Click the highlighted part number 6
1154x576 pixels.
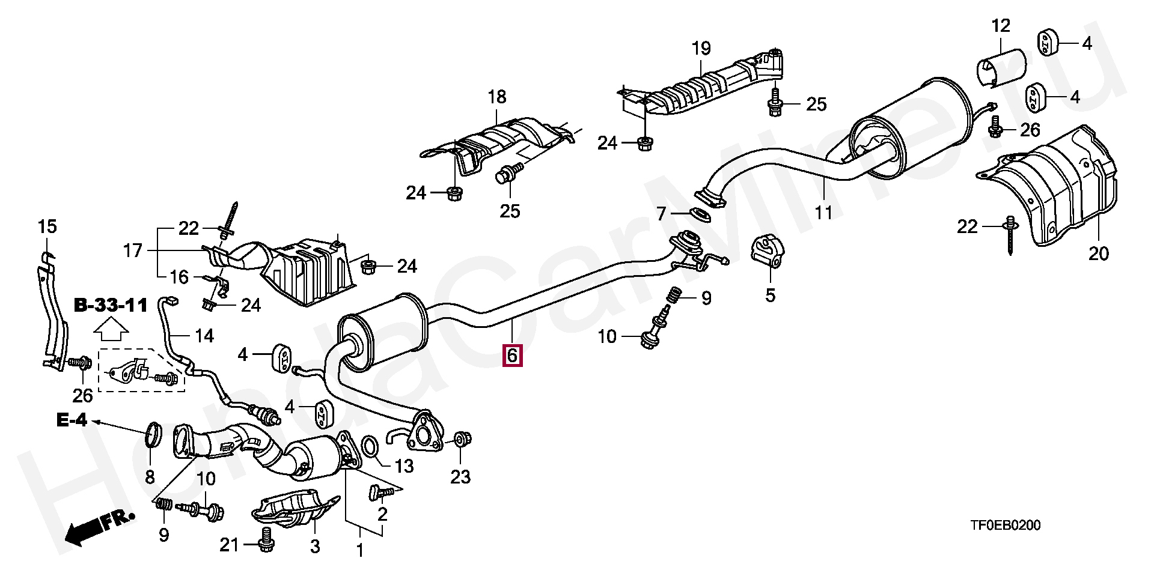click(x=511, y=356)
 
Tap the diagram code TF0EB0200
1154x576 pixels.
click(x=1006, y=526)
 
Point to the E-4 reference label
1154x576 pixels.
click(x=72, y=420)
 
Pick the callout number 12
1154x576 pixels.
click(x=1001, y=26)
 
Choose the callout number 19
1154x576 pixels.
click(x=701, y=48)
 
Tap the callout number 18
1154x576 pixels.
click(x=497, y=96)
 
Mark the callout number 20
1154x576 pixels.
click(x=1098, y=254)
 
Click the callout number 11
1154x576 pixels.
click(x=823, y=212)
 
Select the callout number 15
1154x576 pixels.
click(x=47, y=227)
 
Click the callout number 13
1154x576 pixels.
click(x=405, y=465)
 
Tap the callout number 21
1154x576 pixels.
click(x=229, y=545)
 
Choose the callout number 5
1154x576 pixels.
click(x=770, y=295)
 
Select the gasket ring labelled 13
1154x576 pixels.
click(x=370, y=447)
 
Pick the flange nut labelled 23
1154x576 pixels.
click(x=462, y=440)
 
